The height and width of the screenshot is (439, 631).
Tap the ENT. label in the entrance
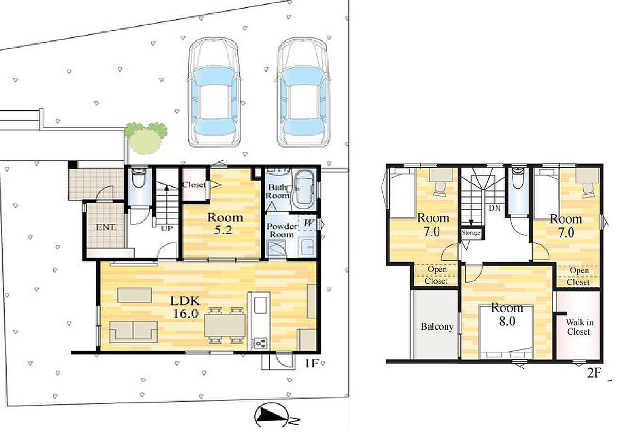coord(106,228)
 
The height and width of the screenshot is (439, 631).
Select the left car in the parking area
coord(215,92)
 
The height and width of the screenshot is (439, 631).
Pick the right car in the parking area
coord(303,92)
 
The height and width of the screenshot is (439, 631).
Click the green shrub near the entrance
coord(146,138)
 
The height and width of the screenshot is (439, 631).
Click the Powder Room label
coord(281,230)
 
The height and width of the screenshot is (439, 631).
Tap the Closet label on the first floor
coord(194,185)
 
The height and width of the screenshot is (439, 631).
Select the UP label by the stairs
coord(166,229)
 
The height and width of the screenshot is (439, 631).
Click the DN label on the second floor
coord(495,209)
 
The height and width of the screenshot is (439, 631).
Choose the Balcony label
coord(437,327)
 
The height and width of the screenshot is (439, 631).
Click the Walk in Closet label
coord(579,327)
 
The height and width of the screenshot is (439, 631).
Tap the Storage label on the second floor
coord(471,233)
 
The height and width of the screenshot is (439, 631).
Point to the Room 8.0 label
coord(507,315)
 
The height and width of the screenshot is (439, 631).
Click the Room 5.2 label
coord(225,224)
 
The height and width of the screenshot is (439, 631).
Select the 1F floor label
coord(311,364)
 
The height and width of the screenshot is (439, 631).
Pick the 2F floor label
coord(594,374)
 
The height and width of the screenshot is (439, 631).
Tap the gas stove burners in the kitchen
coord(260,344)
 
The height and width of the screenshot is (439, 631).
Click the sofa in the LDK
coord(135,331)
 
